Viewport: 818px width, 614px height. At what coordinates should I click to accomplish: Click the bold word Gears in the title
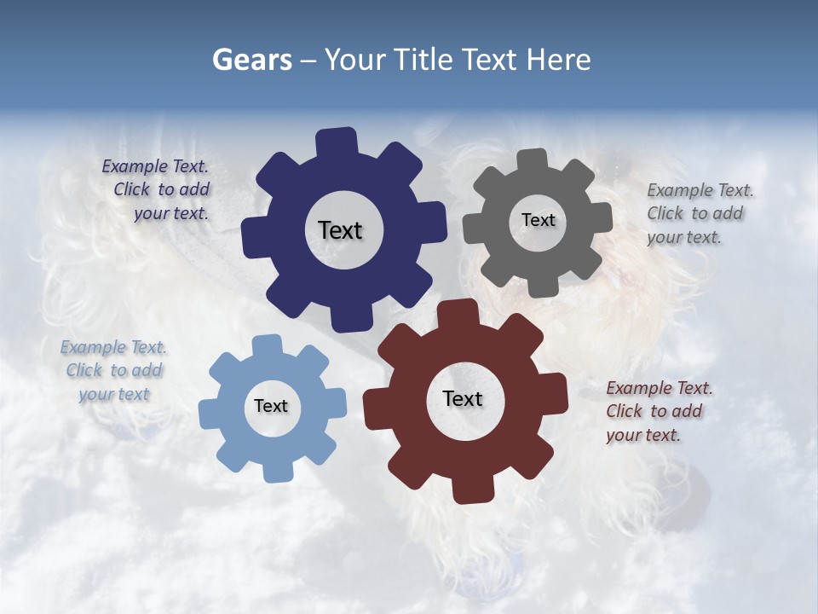[x=251, y=60]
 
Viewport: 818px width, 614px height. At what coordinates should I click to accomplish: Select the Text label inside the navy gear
[x=340, y=230]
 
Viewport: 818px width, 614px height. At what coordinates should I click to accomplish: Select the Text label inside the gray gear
[x=538, y=220]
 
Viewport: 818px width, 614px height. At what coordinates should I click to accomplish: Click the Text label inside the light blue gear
[x=271, y=406]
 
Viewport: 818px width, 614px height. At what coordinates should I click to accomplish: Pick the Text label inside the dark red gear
[x=463, y=398]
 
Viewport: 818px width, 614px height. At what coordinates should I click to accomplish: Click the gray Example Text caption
[x=699, y=213]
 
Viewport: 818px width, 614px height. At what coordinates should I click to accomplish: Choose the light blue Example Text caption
[x=113, y=370]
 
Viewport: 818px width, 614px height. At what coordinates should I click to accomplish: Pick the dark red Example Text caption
[x=658, y=411]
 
